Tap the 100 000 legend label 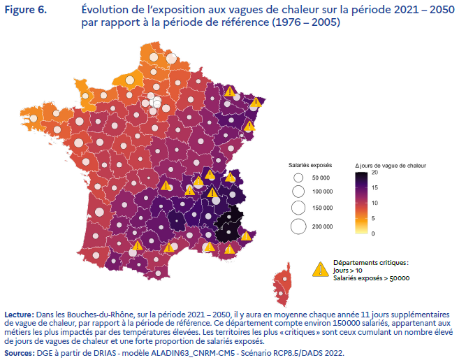(322, 192)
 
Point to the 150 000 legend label (322, 208)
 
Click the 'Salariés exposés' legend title (310, 165)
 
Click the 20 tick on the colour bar (374, 172)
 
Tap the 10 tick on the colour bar (374, 203)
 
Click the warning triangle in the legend (321, 268)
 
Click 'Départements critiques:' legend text (370, 262)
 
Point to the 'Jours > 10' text (347, 270)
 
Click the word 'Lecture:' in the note (21, 315)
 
